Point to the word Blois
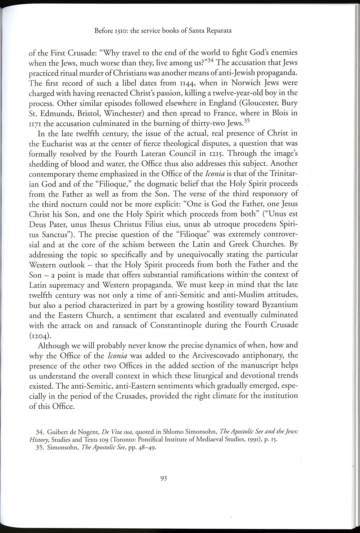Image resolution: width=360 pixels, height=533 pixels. (x=280, y=113)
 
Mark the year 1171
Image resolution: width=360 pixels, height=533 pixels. (x=35, y=123)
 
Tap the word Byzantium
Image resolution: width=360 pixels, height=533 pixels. (x=278, y=305)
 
